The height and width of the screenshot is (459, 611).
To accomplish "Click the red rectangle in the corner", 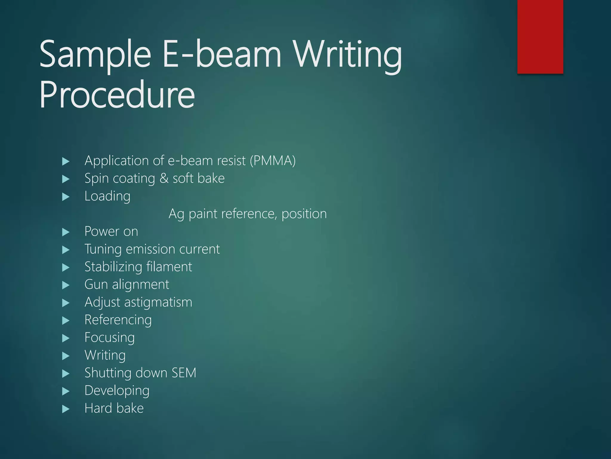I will (540, 36).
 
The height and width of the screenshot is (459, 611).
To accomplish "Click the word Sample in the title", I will (95, 55).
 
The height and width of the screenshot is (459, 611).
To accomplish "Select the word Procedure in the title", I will (117, 95).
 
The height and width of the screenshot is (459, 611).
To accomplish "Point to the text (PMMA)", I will (273, 161).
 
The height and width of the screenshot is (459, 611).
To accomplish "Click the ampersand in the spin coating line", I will (164, 178).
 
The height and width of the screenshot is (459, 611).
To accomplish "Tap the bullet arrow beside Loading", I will (66, 197).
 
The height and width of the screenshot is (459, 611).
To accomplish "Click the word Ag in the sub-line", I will (176, 214).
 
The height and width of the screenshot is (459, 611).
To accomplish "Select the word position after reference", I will (304, 214).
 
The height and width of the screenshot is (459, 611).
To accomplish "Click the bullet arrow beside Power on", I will (66, 232).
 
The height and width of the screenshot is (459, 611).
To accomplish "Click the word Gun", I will (96, 284).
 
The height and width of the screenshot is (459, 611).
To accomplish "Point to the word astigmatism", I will (158, 302).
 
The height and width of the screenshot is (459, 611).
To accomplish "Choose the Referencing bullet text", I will (118, 320).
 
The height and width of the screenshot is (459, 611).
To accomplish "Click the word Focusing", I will (109, 338).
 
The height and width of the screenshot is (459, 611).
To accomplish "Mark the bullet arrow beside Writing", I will (66, 356).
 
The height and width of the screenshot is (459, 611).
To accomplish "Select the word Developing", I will (117, 391).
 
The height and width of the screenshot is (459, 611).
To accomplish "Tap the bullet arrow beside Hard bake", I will (66, 409).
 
